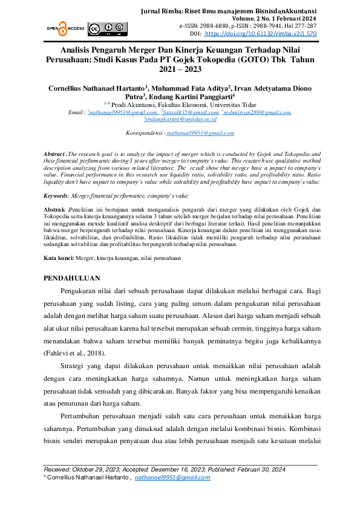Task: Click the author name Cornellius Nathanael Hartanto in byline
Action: pos(96,88)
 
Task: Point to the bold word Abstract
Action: pos(56,155)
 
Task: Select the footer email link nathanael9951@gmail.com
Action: pos(172,477)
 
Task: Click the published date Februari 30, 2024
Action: pos(252,469)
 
